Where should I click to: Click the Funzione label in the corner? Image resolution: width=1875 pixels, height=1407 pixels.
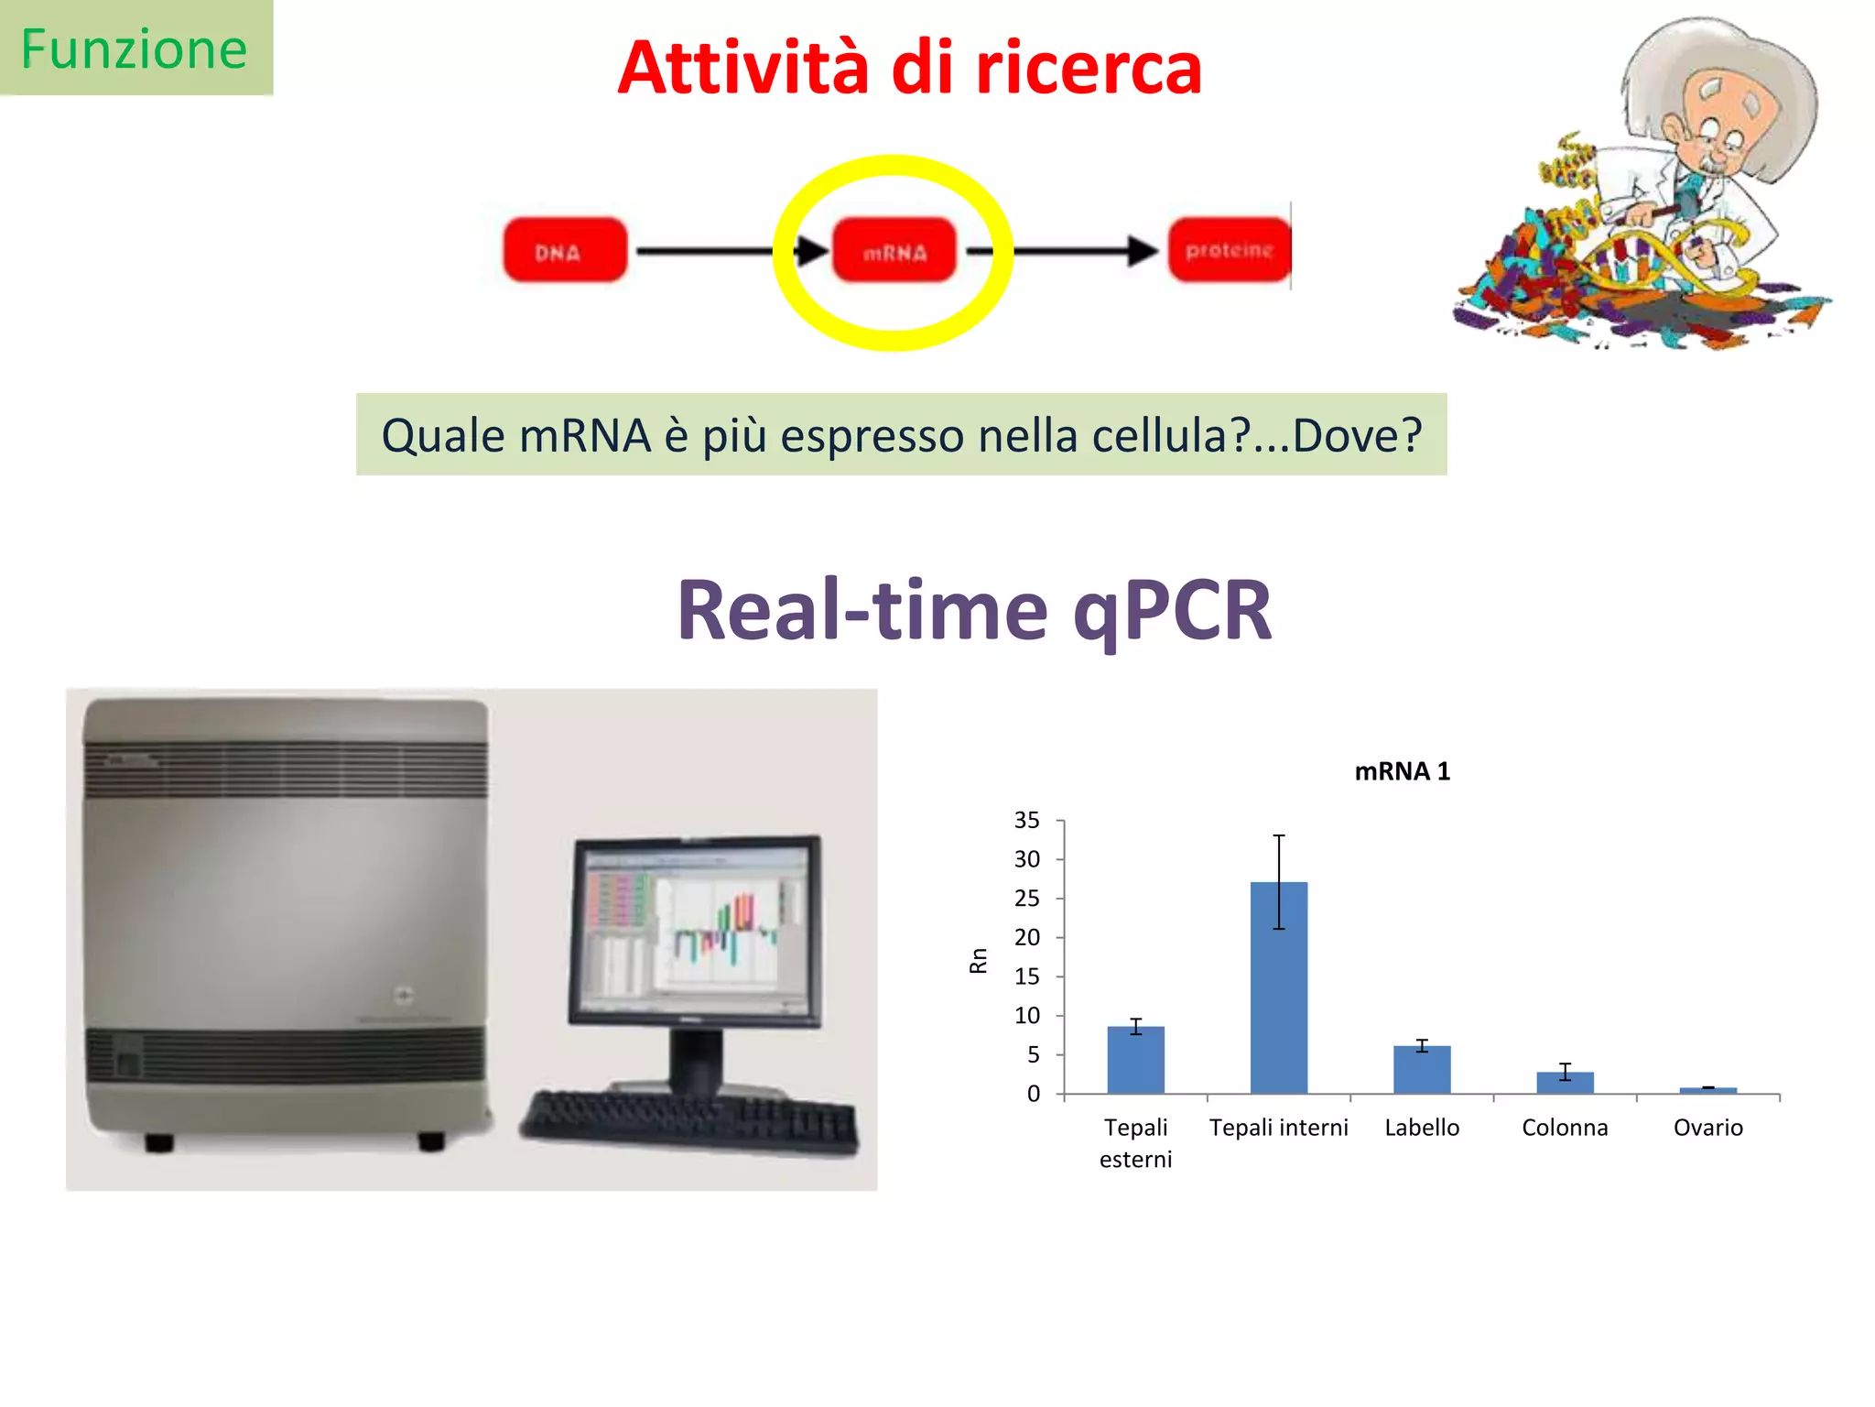(x=135, y=49)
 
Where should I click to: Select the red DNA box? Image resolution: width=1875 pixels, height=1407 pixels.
(x=565, y=250)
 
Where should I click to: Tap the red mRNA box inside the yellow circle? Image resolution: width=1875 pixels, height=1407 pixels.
(x=894, y=251)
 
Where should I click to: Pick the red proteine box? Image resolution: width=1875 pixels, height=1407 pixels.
(x=1229, y=250)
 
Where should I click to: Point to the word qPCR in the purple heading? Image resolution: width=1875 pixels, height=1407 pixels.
(x=1172, y=611)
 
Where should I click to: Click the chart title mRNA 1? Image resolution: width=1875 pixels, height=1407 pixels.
(x=1402, y=771)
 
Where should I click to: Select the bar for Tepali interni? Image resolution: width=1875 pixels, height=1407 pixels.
(x=1278, y=989)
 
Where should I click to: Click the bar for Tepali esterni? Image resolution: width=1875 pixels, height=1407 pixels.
(x=1135, y=1061)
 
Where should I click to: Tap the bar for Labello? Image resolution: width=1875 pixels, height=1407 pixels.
(x=1421, y=1070)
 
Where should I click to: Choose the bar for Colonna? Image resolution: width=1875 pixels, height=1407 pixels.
(x=1565, y=1083)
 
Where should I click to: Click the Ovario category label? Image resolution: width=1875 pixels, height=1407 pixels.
(x=1707, y=1128)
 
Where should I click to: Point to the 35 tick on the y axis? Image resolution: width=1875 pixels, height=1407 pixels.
(x=1026, y=820)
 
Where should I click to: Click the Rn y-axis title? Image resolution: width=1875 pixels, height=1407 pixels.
(x=978, y=960)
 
